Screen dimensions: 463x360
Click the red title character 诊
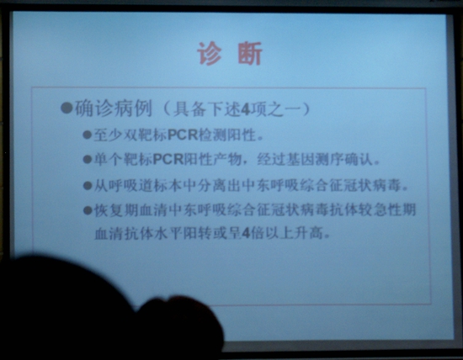click(x=209, y=53)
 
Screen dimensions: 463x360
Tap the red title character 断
click(x=249, y=53)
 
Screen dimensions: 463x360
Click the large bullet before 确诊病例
click(x=67, y=108)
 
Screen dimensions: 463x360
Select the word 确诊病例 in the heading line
click(x=113, y=108)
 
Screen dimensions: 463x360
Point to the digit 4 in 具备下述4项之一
click(x=245, y=110)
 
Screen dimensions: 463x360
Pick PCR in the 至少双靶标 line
click(x=183, y=135)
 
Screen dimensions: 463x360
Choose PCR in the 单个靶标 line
click(x=168, y=159)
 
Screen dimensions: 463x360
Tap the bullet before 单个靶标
click(x=87, y=159)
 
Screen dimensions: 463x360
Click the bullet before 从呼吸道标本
click(x=87, y=186)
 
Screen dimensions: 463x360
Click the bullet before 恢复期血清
click(x=87, y=210)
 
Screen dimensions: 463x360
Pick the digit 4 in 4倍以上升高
click(x=245, y=235)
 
